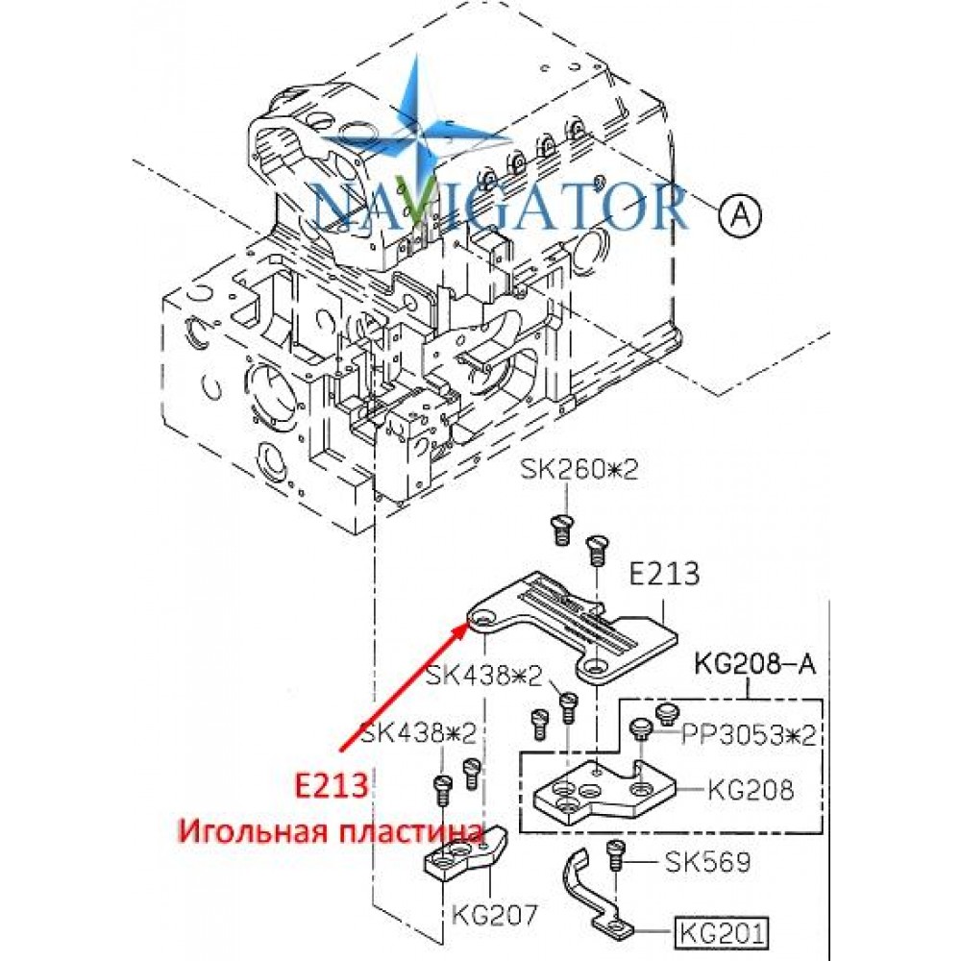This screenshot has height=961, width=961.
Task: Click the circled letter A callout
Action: (740, 215)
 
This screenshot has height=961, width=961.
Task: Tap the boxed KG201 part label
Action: (722, 933)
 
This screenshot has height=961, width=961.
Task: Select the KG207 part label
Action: (494, 916)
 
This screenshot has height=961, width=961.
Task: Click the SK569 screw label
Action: (707, 863)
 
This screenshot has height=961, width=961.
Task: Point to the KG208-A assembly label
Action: (755, 664)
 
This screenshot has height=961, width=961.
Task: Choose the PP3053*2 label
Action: (749, 735)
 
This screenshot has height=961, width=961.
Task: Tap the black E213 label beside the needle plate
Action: (664, 574)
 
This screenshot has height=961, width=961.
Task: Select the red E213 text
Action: (332, 786)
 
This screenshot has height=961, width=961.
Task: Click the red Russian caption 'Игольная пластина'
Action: (331, 832)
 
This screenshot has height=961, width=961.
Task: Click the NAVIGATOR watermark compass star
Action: (416, 136)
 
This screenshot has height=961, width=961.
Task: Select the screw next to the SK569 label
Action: (615, 855)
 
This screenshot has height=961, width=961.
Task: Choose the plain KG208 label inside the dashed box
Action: (751, 789)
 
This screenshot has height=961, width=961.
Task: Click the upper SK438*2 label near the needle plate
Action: (484, 677)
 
